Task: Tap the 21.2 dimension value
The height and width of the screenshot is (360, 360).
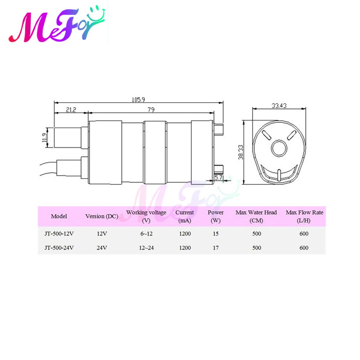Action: point(71,110)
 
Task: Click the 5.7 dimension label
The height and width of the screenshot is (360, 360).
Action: point(219,177)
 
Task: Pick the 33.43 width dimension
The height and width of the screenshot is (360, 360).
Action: point(279,105)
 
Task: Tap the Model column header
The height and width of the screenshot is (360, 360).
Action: point(59,216)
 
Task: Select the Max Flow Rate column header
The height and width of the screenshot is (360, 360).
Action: point(304,216)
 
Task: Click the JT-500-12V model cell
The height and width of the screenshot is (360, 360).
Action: point(59,234)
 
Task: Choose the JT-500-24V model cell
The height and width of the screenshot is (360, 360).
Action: point(59,248)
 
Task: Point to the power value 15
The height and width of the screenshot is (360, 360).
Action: point(216,234)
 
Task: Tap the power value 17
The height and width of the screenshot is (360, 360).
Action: point(216,248)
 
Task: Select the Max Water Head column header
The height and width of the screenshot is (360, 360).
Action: point(256,216)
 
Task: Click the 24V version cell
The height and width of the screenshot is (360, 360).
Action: point(102,248)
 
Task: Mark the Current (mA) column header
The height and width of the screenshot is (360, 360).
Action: point(185,216)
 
